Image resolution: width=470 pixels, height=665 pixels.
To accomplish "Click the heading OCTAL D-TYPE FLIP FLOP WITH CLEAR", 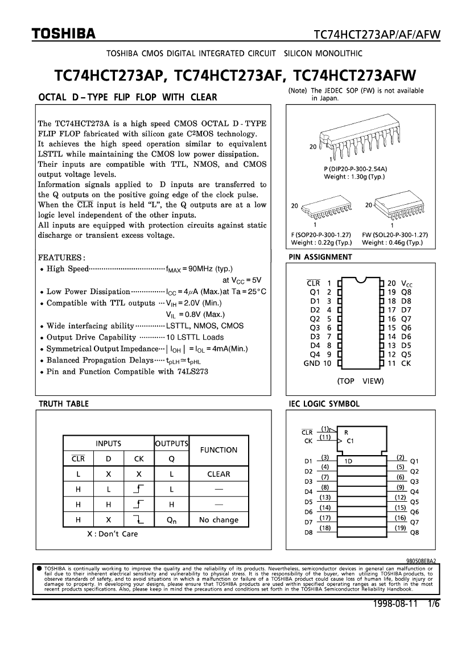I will coord(127,97).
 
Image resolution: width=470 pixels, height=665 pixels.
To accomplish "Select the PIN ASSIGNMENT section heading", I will coord(320,257).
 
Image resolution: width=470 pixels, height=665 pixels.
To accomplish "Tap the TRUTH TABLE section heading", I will coord(63,403).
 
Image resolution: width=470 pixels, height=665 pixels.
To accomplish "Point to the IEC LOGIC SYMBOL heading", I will coord(324,403).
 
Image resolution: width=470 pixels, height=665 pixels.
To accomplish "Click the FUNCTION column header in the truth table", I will coord(219,449).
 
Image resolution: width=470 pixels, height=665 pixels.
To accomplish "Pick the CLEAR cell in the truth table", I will coord(219,474).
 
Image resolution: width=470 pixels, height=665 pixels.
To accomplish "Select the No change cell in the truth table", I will coord(219,519).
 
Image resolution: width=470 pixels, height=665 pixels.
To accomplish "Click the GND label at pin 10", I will coord(312,363).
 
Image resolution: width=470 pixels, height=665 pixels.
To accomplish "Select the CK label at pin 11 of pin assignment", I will coord(406,363).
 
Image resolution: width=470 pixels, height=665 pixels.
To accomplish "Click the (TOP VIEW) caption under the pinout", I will coord(360,381).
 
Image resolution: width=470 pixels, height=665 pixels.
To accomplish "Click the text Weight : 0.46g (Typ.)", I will coord(392,242).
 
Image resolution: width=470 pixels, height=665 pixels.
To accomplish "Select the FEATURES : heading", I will coord(61,257).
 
